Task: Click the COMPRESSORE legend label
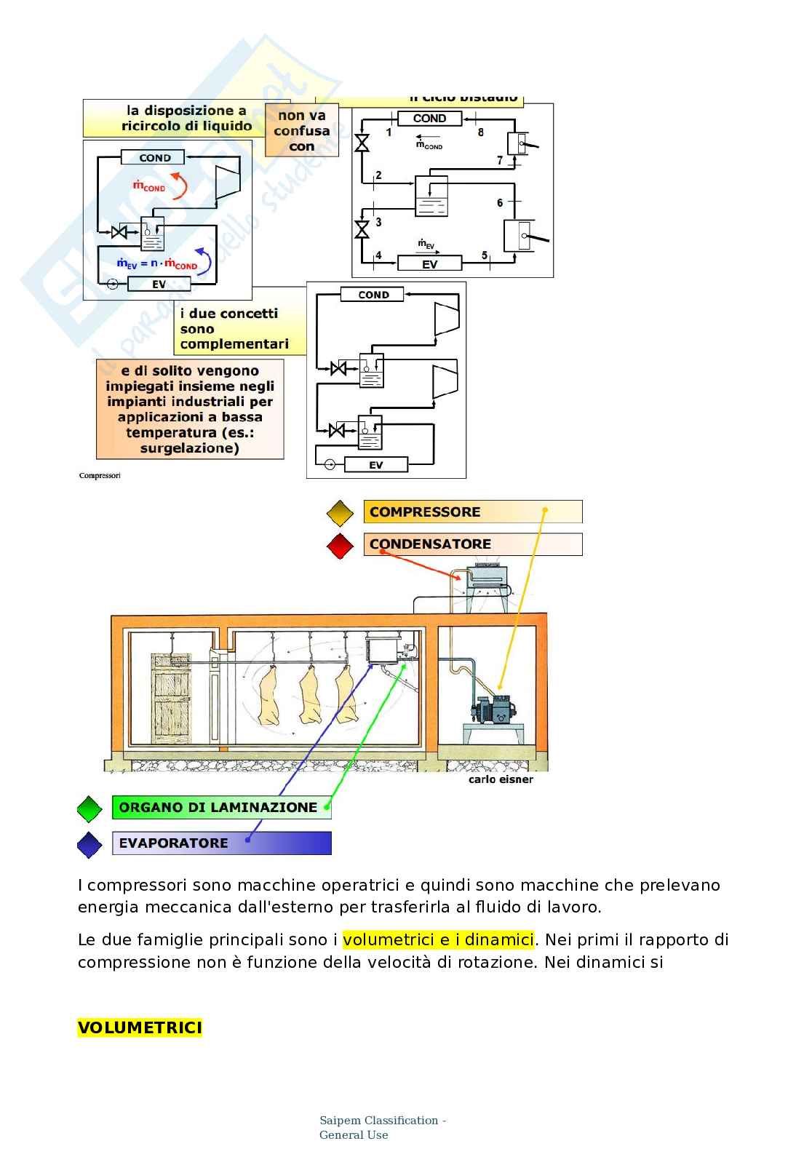tap(425, 512)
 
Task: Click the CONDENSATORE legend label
tap(430, 544)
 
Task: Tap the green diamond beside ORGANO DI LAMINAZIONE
tap(89, 808)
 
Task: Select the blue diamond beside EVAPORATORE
tap(89, 844)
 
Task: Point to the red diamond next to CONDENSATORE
tap(340, 545)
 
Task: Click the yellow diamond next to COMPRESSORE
tap(340, 513)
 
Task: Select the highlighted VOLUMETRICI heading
tap(140, 1027)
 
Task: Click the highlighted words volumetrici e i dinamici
tap(438, 939)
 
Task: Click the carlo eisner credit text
tap(501, 779)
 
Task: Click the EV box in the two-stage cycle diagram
tap(429, 264)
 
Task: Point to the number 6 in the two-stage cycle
tap(500, 202)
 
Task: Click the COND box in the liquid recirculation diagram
tap(154, 158)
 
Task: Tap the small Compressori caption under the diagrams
tap(100, 475)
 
